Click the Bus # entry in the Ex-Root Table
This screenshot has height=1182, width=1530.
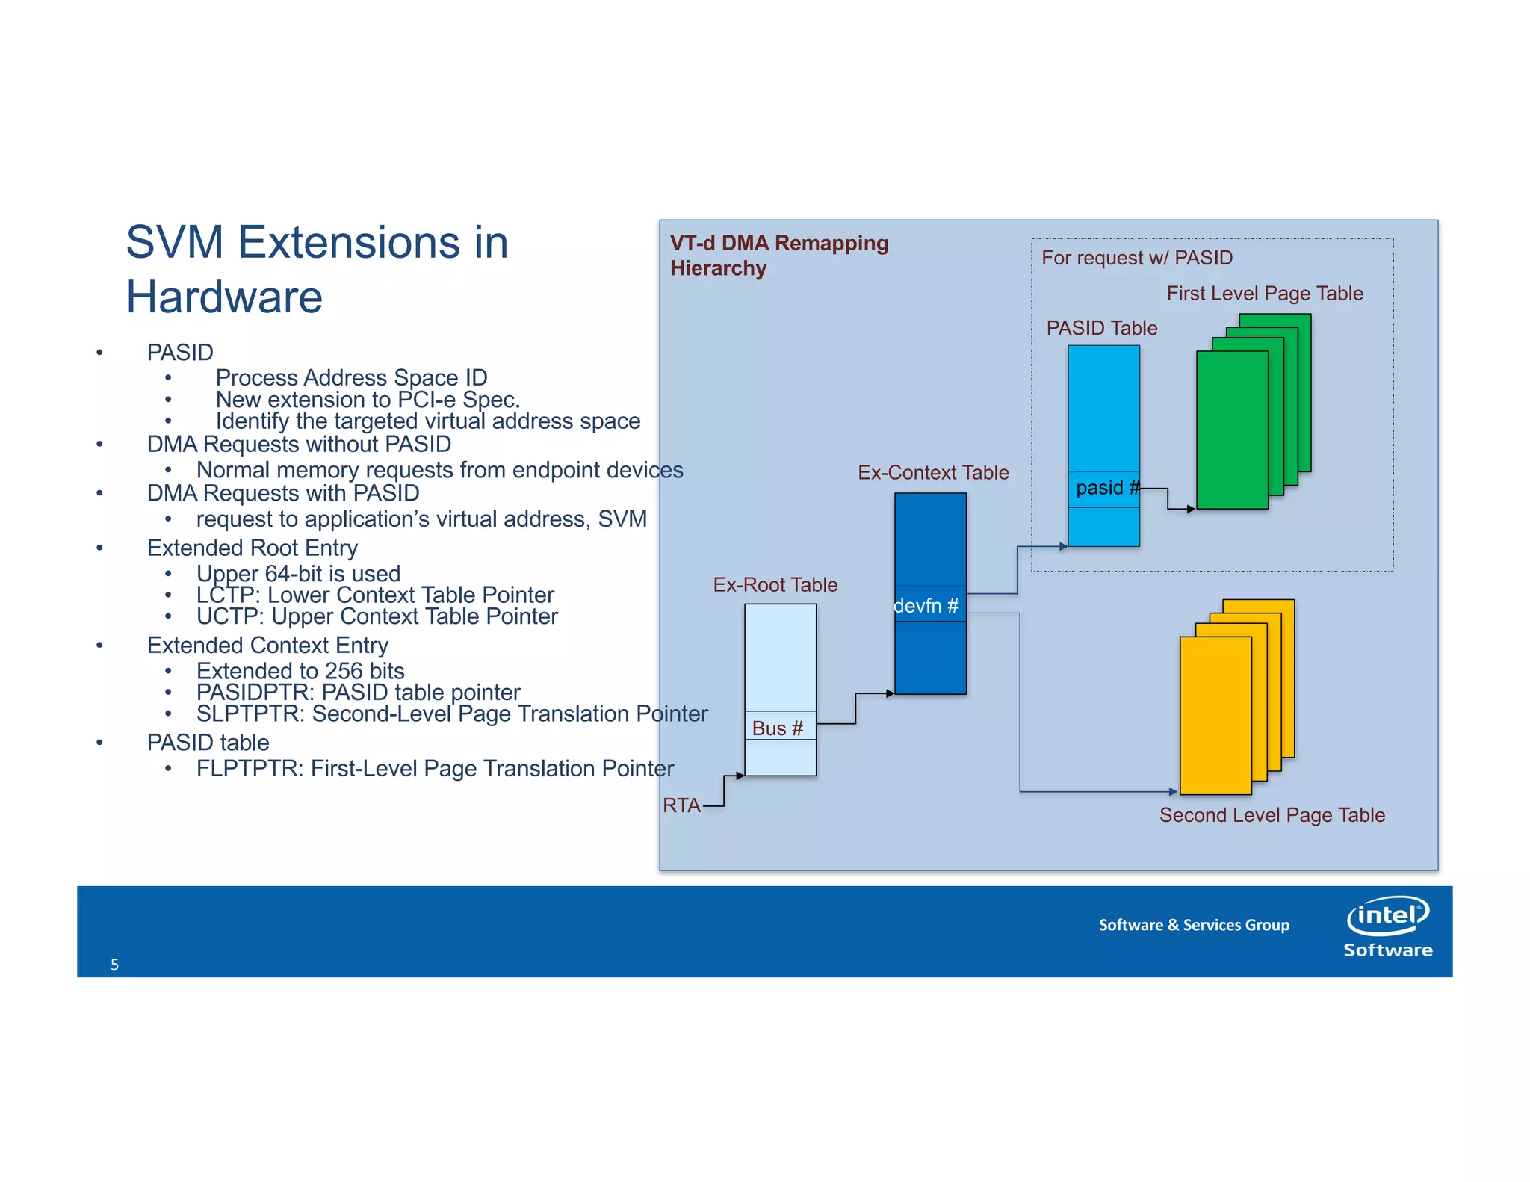click(778, 728)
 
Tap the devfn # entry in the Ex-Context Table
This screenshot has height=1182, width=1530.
click(927, 605)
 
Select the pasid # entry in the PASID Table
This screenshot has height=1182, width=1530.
click(1104, 489)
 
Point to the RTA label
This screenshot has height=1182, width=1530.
click(681, 805)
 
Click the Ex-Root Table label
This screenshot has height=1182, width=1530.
click(775, 585)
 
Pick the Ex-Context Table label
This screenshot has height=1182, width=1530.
click(932, 473)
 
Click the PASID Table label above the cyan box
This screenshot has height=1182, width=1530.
click(1101, 328)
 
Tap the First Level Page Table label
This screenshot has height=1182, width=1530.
click(1264, 294)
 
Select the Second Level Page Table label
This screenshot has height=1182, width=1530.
click(1272, 815)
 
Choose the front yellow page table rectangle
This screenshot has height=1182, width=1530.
click(1215, 716)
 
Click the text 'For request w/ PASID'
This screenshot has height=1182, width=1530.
click(1136, 258)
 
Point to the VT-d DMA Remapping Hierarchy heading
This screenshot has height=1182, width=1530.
click(778, 256)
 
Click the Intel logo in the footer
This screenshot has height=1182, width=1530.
click(1387, 916)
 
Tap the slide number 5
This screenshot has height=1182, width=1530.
click(114, 965)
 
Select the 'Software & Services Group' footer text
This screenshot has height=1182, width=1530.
click(1193, 925)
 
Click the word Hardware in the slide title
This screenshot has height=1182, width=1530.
click(223, 297)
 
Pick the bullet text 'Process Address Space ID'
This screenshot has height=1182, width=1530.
click(351, 377)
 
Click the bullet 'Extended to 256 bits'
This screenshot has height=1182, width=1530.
click(300, 671)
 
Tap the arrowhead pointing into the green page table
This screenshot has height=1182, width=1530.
click(1191, 509)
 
